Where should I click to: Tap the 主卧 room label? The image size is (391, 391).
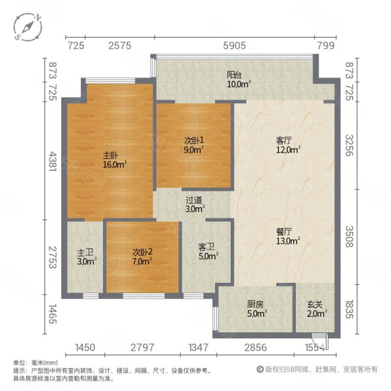click(110, 156)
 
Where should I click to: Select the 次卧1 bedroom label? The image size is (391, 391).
click(194, 139)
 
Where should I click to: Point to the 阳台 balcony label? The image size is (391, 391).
click(235, 74)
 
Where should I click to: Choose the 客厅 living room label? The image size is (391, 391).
click(285, 139)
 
